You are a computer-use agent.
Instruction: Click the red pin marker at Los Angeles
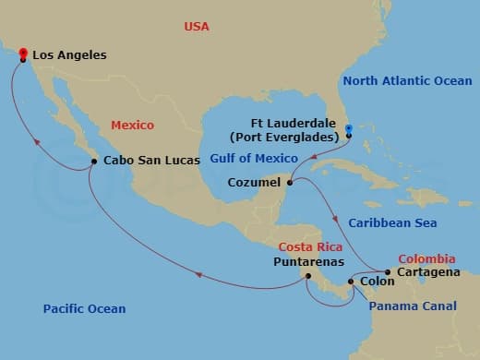pyautogui.click(x=22, y=54)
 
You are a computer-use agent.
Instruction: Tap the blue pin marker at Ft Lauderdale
pyautogui.click(x=349, y=130)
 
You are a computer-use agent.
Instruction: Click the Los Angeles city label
pyautogui.click(x=69, y=55)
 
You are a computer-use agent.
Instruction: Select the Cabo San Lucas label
pyautogui.click(x=152, y=161)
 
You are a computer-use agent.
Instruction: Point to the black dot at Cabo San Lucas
pyautogui.click(x=94, y=162)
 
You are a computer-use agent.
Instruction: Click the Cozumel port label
pyautogui.click(x=254, y=183)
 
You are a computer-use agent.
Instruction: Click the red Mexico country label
pyautogui.click(x=132, y=125)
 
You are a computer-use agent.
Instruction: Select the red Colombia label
pyautogui.click(x=426, y=259)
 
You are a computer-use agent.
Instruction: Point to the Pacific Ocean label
pyautogui.click(x=84, y=308)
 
